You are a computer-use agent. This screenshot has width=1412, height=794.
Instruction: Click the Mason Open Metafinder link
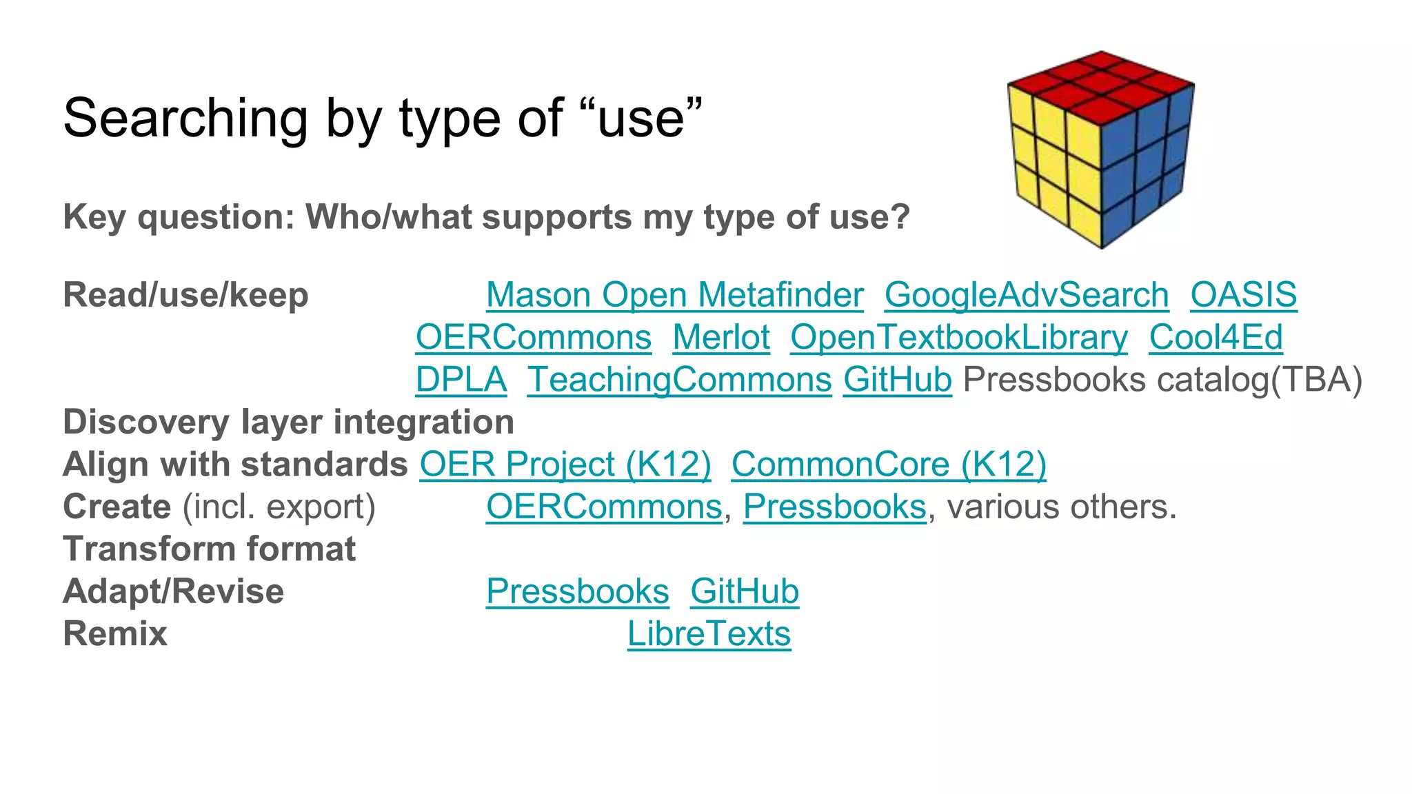tap(674, 295)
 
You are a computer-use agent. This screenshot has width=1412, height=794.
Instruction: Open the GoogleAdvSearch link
tap(1027, 295)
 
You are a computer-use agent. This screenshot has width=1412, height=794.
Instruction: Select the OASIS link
tap(1243, 295)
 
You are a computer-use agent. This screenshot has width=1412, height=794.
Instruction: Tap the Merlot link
tap(721, 338)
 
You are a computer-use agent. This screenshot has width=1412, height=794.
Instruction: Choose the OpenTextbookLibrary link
tap(959, 338)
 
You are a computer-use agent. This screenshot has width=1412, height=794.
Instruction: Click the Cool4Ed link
tap(1216, 338)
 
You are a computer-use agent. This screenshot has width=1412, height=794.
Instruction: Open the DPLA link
tap(461, 380)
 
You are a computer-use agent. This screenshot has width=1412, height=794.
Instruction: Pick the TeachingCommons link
tap(679, 380)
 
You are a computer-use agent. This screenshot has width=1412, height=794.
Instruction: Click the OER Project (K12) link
tap(565, 465)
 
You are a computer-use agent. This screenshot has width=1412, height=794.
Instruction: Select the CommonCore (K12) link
tap(889, 465)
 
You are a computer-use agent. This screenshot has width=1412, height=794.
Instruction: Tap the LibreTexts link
tap(709, 634)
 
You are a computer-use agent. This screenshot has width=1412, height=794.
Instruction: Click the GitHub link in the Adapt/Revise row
tap(745, 591)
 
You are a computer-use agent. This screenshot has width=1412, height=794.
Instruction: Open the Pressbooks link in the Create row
tap(834, 507)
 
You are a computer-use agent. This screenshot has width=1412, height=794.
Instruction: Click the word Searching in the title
tap(185, 119)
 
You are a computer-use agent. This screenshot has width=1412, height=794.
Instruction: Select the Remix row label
tap(115, 634)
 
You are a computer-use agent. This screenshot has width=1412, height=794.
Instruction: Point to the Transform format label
tap(209, 549)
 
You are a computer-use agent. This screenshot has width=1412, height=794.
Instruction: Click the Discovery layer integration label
tap(288, 423)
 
